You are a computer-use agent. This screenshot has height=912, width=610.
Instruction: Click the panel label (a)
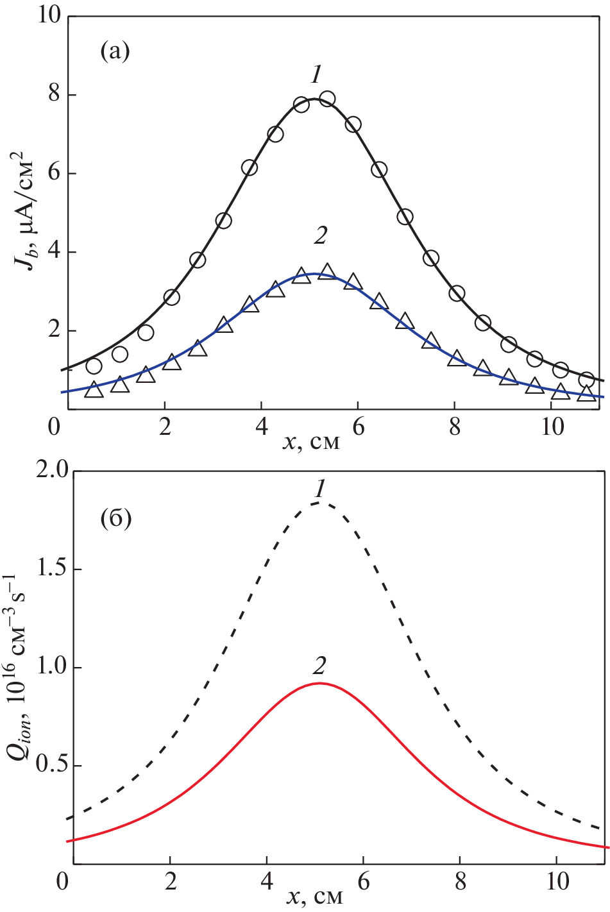click(115, 51)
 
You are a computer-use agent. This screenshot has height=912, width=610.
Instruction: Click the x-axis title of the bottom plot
click(314, 896)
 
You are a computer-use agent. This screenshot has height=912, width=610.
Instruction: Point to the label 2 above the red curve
click(319, 667)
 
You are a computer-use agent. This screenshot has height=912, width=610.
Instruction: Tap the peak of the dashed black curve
click(319, 503)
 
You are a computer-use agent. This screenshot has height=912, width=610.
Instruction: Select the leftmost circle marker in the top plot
click(94, 366)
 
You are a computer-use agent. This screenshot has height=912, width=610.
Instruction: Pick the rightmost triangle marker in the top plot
click(586, 393)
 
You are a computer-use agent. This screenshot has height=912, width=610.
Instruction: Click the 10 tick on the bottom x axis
click(557, 882)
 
